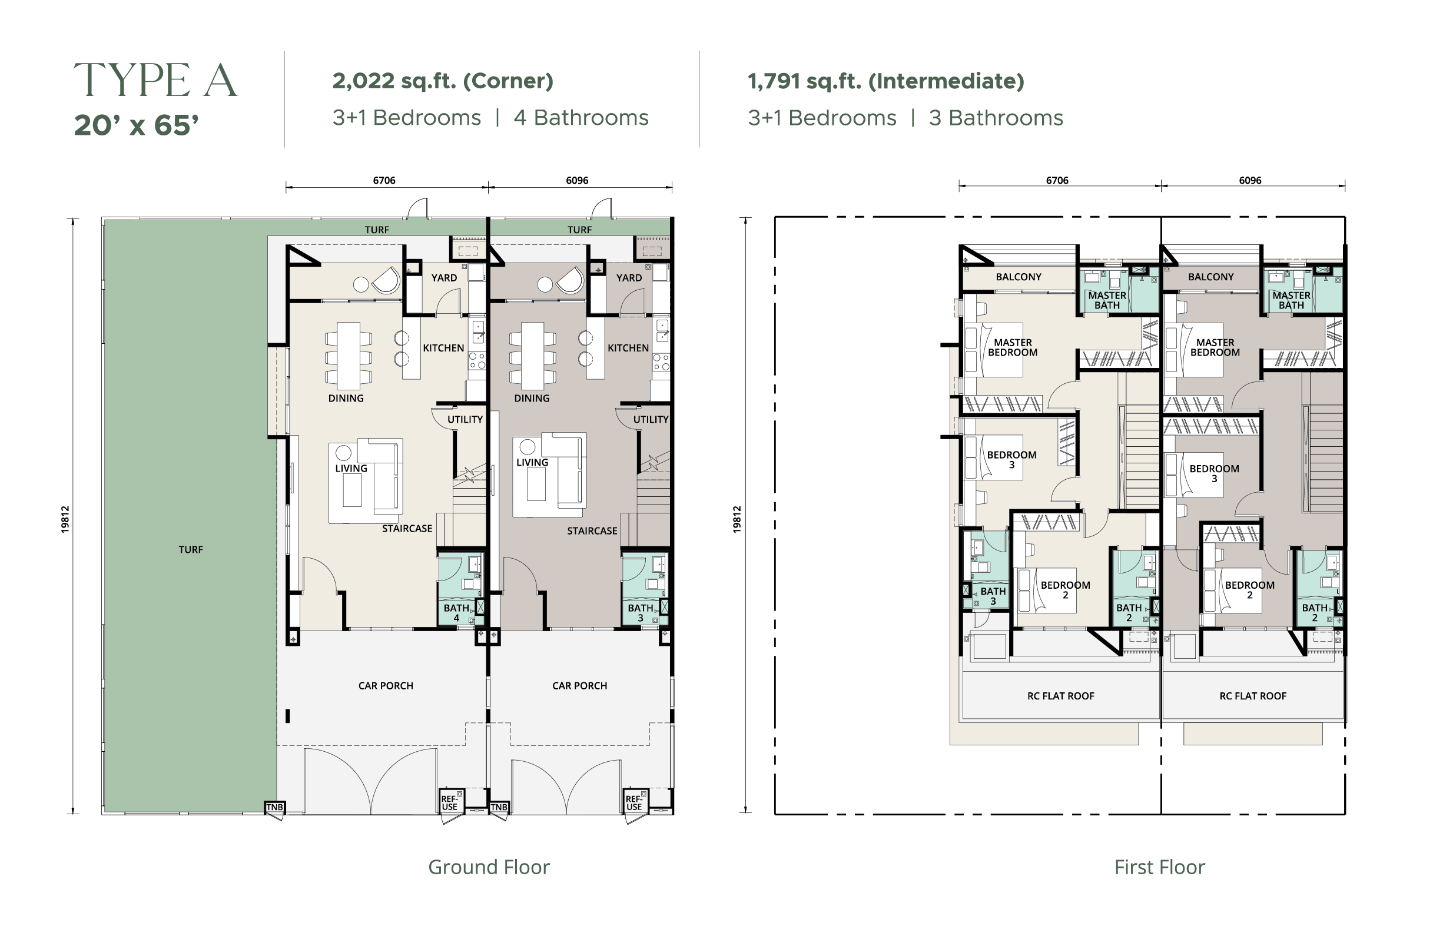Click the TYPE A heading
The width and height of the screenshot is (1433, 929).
tap(155, 80)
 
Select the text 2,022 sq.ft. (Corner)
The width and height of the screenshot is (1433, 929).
tap(443, 81)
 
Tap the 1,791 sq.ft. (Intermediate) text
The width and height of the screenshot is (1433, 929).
tap(885, 81)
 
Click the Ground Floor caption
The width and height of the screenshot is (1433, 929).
tap(489, 867)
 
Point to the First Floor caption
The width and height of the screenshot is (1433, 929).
tap(1160, 867)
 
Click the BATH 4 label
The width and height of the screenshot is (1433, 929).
tap(456, 613)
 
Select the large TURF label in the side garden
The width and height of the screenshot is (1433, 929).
tap(191, 550)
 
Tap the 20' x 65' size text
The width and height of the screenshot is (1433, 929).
tap(136, 125)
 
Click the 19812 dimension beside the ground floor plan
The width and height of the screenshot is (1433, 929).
tap(65, 520)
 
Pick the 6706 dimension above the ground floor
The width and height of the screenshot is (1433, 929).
tap(384, 181)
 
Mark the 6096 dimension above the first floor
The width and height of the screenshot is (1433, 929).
tap(1250, 181)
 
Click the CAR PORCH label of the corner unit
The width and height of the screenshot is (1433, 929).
tap(386, 686)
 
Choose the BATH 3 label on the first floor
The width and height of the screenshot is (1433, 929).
tap(993, 596)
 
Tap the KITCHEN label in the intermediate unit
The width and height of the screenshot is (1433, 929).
tap(628, 348)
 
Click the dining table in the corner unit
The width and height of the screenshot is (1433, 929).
tap(349, 356)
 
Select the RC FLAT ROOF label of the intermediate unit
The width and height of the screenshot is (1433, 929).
tap(1253, 696)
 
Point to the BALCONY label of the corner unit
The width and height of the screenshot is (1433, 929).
tap(1018, 277)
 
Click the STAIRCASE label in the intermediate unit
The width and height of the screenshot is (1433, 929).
tap(592, 531)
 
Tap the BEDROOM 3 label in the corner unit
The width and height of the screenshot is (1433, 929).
tap(1011, 460)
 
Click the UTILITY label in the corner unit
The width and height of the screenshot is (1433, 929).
tap(465, 420)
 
